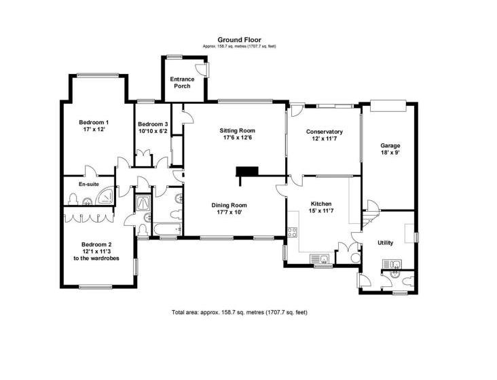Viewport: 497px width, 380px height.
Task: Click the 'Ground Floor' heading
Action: (x=239, y=40)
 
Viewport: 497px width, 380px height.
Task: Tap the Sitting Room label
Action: (x=238, y=130)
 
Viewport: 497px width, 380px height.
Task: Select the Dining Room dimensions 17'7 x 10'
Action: (x=229, y=212)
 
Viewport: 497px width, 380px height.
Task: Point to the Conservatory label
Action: (x=325, y=132)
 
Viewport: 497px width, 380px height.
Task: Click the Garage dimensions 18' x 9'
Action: (x=390, y=152)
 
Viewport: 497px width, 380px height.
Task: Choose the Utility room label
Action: (x=386, y=243)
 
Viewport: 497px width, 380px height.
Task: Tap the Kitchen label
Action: (x=321, y=204)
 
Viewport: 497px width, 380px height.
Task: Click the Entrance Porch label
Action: (x=182, y=82)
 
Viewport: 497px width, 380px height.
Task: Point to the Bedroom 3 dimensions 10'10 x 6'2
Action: (x=153, y=131)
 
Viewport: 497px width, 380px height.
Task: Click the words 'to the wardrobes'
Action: (x=96, y=258)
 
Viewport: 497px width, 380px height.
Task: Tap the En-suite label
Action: (x=89, y=184)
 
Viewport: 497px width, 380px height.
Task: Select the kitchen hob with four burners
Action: (x=292, y=232)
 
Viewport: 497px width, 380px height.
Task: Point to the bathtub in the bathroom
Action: (x=167, y=229)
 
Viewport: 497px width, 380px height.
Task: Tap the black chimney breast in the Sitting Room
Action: (x=247, y=172)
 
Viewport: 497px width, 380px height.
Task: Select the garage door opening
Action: (x=388, y=105)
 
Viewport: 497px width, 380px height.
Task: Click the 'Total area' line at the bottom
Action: (x=239, y=312)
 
